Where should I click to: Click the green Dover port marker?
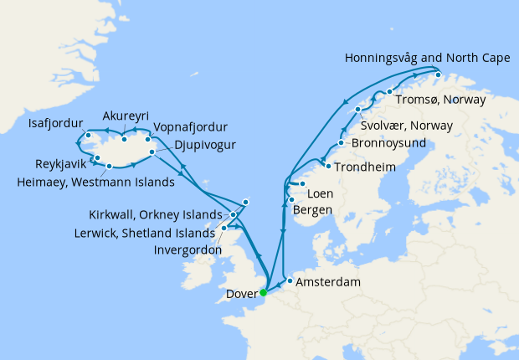(263, 292)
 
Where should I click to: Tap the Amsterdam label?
(328, 282)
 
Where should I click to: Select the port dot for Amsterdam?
(290, 281)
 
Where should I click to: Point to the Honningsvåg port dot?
(438, 75)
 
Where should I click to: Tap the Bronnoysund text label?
(388, 143)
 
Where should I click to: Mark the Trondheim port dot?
(327, 167)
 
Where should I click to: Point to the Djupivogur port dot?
(152, 152)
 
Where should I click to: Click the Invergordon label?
(188, 249)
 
